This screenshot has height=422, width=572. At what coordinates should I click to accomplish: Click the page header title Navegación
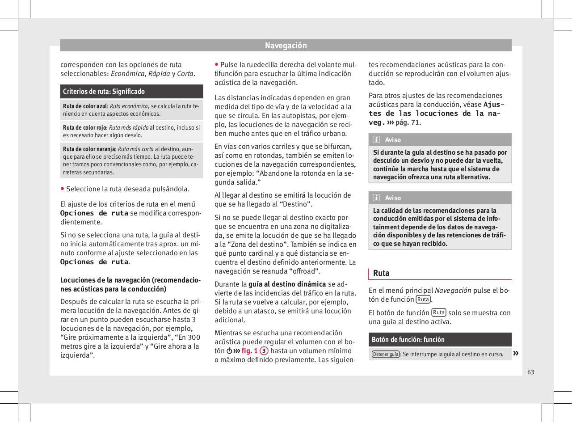286,46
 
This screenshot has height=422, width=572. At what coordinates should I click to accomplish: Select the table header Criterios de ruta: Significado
104,92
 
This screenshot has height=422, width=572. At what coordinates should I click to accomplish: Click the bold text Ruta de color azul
85,106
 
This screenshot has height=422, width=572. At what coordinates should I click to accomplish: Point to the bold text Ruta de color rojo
84,127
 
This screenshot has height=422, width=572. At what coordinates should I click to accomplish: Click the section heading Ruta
381,273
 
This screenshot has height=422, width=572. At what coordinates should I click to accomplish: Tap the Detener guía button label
385,354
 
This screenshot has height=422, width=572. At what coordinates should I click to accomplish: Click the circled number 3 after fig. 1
265,351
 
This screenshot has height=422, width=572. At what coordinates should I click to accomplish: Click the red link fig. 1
249,351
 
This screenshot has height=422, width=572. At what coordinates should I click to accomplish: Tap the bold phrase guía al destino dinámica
287,284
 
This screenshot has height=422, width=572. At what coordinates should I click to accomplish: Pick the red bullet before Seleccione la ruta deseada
63,188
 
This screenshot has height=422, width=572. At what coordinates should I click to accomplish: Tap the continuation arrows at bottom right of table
516,354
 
